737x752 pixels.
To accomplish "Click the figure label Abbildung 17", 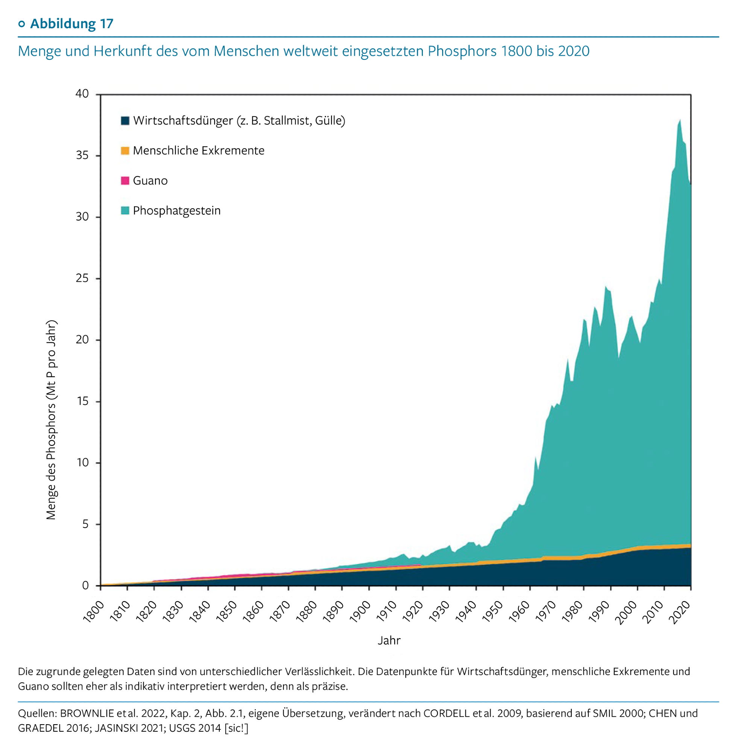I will (71, 24).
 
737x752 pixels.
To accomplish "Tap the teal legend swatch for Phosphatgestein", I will (125, 211).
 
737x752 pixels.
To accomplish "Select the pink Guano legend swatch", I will (125, 180).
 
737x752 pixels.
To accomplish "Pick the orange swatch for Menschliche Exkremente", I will (125, 150).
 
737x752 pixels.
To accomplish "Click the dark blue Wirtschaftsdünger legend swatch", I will (125, 121).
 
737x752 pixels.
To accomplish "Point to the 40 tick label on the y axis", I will (82, 94).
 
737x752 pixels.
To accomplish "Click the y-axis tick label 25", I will (82, 278).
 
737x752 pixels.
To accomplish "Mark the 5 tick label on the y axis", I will (85, 524).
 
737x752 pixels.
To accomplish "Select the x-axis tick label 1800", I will (94, 612).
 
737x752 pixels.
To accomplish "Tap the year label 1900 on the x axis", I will (360, 612).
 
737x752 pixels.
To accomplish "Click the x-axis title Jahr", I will (389, 641).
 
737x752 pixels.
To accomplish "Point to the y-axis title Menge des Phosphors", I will (52, 420).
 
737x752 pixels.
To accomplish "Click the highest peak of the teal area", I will (680, 120).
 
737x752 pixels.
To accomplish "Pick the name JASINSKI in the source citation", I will (117, 728).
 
